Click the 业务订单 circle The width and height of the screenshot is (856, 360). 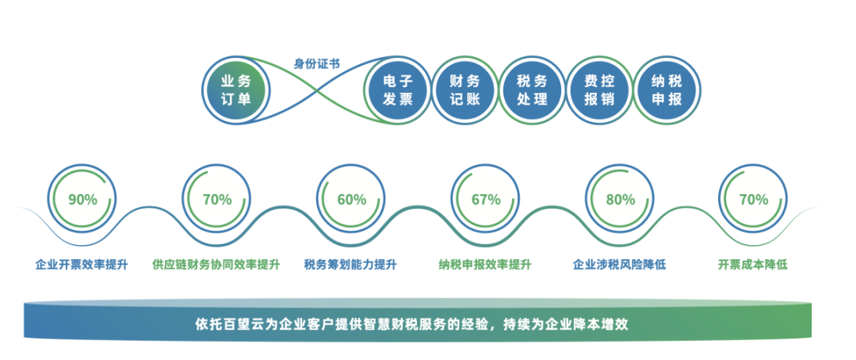point(235,90)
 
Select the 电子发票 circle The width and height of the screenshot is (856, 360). point(397,90)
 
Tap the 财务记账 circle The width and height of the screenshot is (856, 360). point(464,90)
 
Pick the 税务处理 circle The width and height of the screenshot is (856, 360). point(533,90)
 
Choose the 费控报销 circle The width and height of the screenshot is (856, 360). point(599,90)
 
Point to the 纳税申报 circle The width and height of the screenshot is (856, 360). point(667,90)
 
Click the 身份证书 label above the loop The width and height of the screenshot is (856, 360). point(317,64)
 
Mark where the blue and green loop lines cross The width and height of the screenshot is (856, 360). point(318,90)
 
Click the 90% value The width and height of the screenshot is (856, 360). point(83,199)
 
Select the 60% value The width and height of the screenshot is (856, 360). point(352,199)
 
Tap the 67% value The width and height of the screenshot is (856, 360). point(486,199)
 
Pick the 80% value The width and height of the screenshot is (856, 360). point(620,199)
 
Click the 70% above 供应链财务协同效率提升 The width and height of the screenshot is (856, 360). point(217,199)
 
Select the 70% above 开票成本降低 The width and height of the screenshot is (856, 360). point(754,199)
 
